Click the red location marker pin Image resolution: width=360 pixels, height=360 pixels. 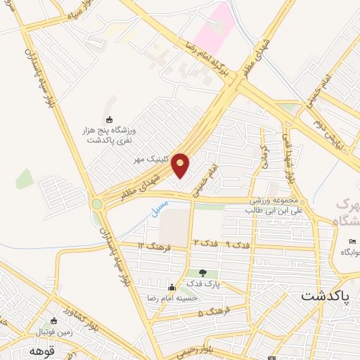tap(181, 165)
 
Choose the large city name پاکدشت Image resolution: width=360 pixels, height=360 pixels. tap(325, 295)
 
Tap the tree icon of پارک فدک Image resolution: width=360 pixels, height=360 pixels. tap(202, 273)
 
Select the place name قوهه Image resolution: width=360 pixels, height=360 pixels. tap(41, 349)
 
